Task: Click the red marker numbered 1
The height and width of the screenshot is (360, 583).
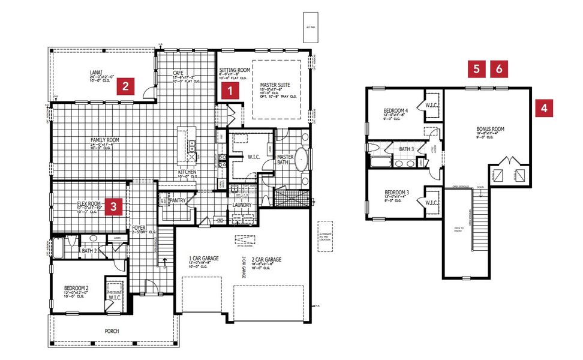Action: [x=229, y=91]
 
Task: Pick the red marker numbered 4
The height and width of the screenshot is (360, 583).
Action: [x=543, y=108]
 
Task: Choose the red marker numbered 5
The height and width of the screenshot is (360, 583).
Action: [x=476, y=68]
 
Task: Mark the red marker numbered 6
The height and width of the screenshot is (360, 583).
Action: [x=499, y=68]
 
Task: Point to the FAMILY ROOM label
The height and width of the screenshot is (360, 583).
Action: [x=105, y=140]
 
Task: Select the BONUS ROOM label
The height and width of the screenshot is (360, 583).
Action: [x=490, y=129]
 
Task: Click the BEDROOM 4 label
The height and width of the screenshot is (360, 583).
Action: [x=396, y=110]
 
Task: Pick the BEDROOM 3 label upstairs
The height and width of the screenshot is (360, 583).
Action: [x=396, y=193]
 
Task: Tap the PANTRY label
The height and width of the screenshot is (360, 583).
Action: [x=177, y=200]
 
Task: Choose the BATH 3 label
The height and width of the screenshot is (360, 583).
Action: [x=407, y=149]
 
